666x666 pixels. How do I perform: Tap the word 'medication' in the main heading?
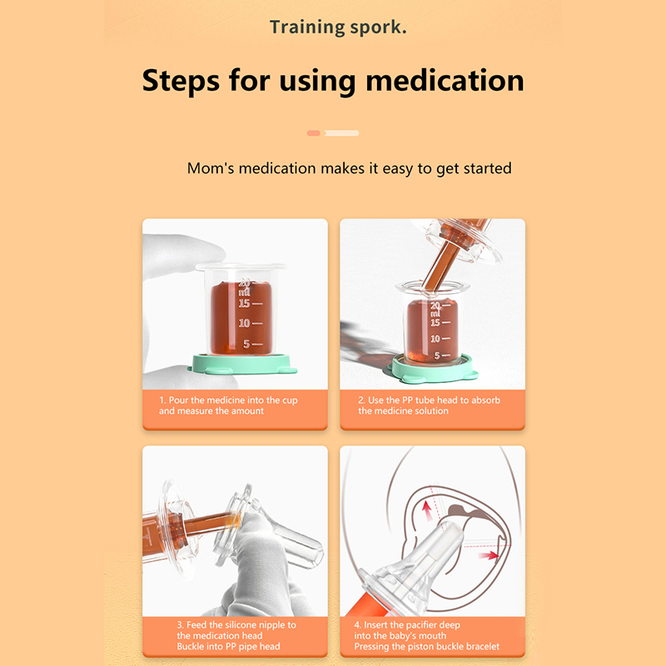(x=445, y=81)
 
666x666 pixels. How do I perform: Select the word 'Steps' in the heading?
(x=181, y=82)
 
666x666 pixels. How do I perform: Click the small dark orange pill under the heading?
(x=314, y=133)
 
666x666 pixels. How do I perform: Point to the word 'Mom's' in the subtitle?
(x=211, y=168)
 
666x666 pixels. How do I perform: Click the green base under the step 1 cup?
(x=242, y=365)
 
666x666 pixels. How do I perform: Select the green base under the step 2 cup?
(x=432, y=369)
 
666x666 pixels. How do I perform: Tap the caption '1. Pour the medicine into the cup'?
(x=228, y=400)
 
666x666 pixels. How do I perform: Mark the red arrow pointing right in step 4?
(x=489, y=555)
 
